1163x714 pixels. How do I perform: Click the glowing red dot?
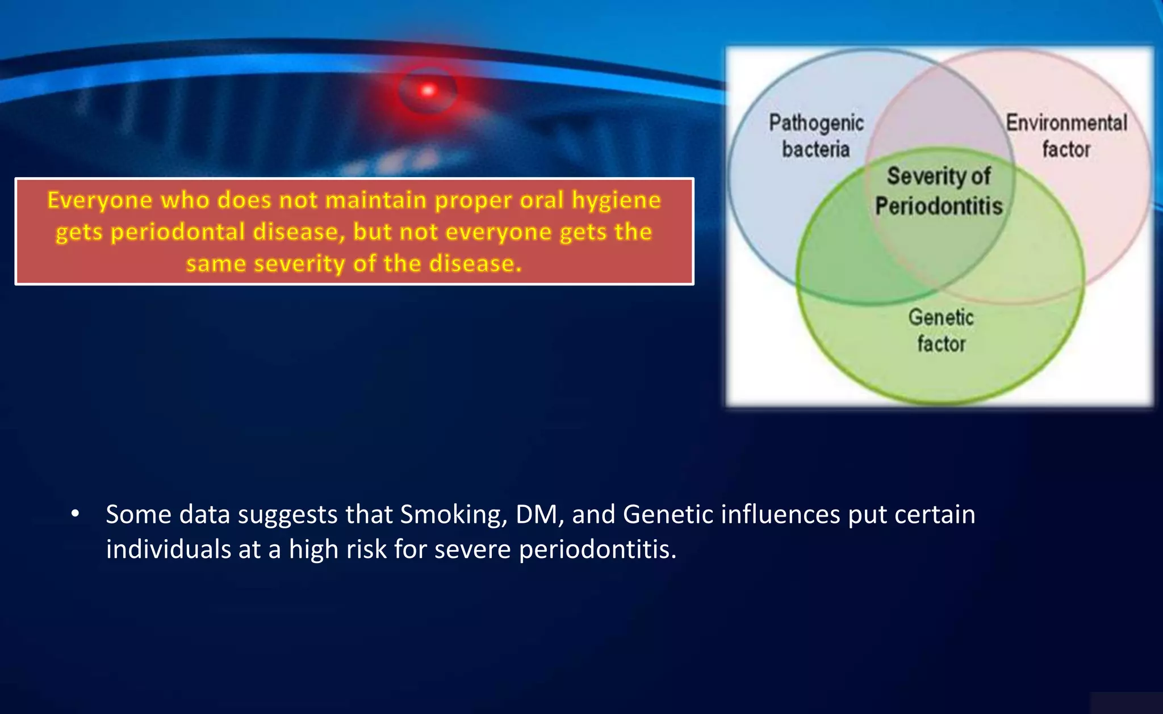coord(428,90)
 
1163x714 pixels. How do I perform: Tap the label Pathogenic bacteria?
coord(816,136)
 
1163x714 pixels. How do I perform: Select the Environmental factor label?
coord(1066,136)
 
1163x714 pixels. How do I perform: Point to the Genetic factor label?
coord(941,330)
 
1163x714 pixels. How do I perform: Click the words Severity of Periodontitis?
coord(939,191)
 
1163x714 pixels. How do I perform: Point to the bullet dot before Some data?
coord(75,514)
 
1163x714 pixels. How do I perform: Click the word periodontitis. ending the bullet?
coord(597,549)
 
